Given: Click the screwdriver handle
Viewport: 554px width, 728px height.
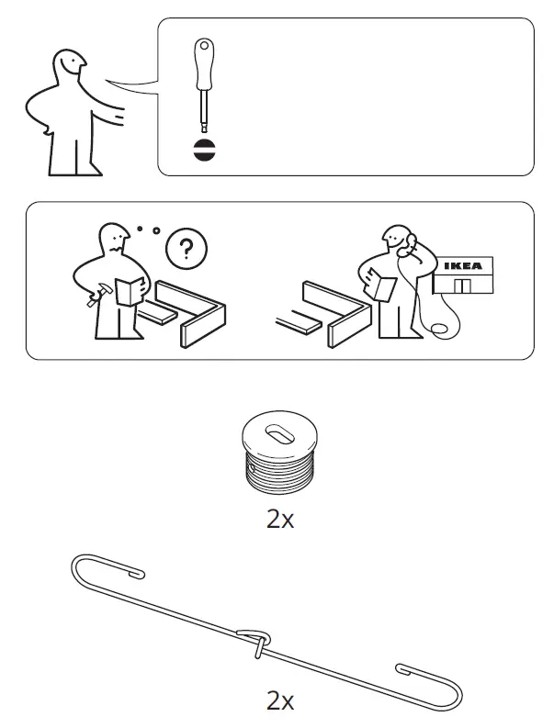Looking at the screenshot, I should pyautogui.click(x=201, y=64).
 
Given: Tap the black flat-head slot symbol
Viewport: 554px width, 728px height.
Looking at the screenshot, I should pyautogui.click(x=203, y=151).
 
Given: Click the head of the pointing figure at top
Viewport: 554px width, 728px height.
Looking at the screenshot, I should pyautogui.click(x=69, y=67).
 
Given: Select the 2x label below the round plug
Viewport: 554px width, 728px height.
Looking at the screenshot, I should pyautogui.click(x=278, y=519).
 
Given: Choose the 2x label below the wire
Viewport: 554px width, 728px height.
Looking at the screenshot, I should pyautogui.click(x=278, y=702).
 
